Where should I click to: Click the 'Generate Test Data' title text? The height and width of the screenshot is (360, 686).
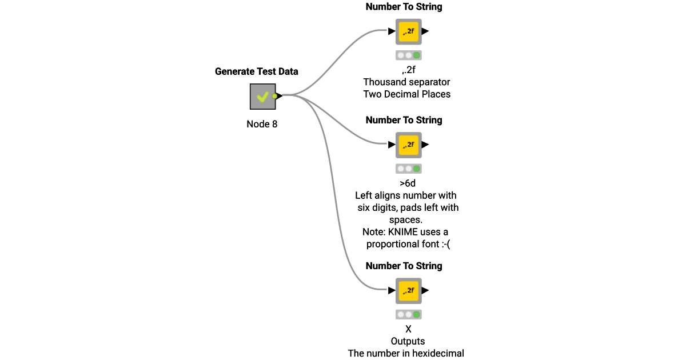pyautogui.click(x=256, y=71)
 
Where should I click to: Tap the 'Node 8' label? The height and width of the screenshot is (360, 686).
pyautogui.click(x=262, y=124)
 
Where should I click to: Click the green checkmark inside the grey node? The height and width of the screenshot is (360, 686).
pyautogui.click(x=262, y=97)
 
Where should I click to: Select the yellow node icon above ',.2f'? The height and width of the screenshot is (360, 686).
pyautogui.click(x=408, y=31)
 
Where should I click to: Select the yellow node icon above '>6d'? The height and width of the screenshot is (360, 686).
pyautogui.click(x=408, y=145)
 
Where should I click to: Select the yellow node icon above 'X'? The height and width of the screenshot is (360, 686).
pyautogui.click(x=408, y=290)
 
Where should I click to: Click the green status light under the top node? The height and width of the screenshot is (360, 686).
pyautogui.click(x=417, y=55)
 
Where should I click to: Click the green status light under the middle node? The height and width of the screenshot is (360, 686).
pyautogui.click(x=417, y=169)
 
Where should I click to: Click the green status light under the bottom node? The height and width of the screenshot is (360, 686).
pyautogui.click(x=417, y=314)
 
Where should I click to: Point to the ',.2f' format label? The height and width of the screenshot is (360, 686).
pyautogui.click(x=408, y=70)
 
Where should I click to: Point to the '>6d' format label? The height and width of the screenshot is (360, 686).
pyautogui.click(x=408, y=183)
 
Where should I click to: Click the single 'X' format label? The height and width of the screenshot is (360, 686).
pyautogui.click(x=408, y=329)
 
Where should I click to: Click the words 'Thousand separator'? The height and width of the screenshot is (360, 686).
pyautogui.click(x=406, y=82)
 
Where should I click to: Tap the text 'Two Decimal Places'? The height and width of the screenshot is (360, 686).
pyautogui.click(x=406, y=94)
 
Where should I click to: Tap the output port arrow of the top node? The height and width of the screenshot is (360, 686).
pyautogui.click(x=425, y=31)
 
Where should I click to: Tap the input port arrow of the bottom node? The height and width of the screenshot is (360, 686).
pyautogui.click(x=392, y=290)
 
